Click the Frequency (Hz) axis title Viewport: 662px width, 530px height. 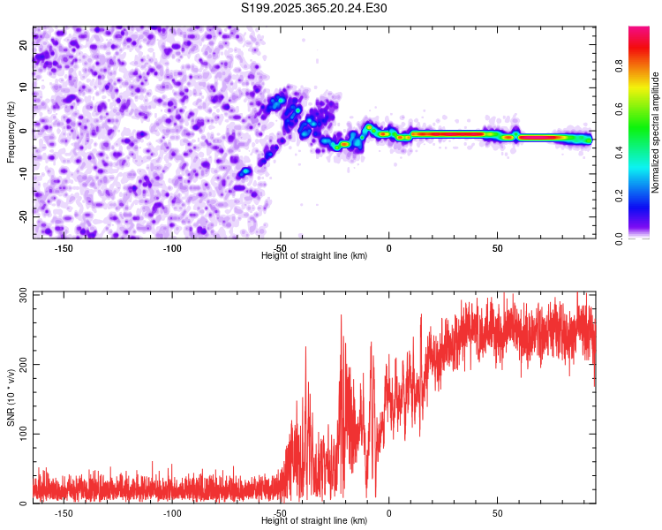point(11,132)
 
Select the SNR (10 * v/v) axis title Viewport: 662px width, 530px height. point(11,397)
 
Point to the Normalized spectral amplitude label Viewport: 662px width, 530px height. point(656,132)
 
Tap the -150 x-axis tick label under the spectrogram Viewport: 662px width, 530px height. point(64,248)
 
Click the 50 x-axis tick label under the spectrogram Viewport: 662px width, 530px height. point(497,248)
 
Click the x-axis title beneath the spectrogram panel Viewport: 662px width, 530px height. point(314,256)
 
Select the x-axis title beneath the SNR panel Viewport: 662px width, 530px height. point(314,521)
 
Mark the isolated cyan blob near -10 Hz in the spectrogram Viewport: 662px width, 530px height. point(244,171)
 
